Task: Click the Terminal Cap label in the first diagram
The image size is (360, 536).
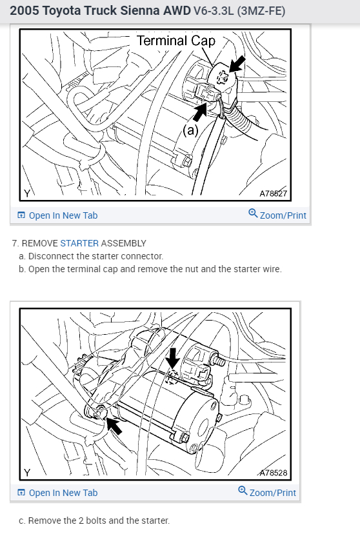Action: [x=176, y=41]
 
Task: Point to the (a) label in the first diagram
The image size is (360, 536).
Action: [x=190, y=130]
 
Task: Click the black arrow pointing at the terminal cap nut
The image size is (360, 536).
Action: [x=237, y=65]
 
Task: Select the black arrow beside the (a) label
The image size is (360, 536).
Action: [x=201, y=112]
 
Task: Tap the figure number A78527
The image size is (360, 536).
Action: [x=273, y=194]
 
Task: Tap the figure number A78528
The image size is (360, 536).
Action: [x=273, y=473]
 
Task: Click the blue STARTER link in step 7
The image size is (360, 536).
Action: [x=79, y=243]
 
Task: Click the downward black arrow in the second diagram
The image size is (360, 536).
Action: [x=173, y=359]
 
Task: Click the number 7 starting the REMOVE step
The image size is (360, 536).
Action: [x=14, y=243]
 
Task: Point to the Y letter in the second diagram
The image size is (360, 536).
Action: [x=27, y=473]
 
